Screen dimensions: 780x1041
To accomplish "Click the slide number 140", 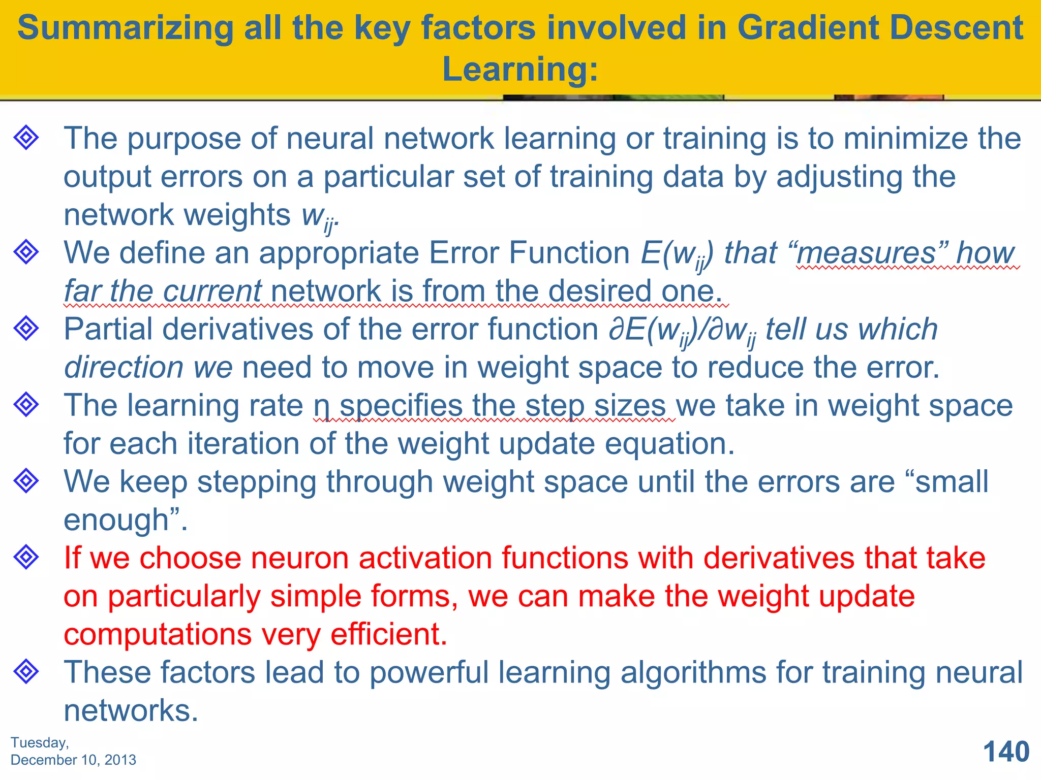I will tap(1006, 752).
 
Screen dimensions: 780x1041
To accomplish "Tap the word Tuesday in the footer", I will tap(39, 742).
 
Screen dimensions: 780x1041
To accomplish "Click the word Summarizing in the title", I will tap(125, 28).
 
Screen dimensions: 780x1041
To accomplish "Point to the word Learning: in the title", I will tap(520, 69).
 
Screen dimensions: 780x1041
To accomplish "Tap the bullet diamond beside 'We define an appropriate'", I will tap(26, 251).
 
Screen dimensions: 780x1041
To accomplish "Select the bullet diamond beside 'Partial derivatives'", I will tap(26, 328).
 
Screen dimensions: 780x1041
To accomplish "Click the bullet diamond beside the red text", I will tap(26, 557).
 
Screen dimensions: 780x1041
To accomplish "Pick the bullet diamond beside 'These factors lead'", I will tap(26, 671).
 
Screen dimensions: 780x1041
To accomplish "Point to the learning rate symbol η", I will tap(321, 407).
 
